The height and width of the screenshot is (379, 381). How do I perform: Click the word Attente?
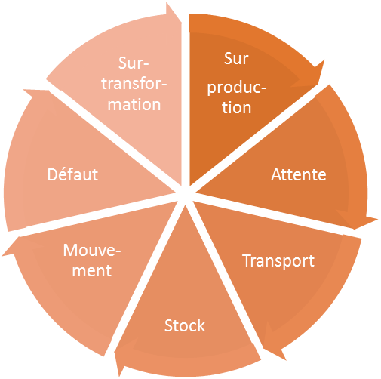coord(298,174)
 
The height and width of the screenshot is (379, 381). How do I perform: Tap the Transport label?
coord(278,260)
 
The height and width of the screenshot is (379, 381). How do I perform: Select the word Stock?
coord(185,325)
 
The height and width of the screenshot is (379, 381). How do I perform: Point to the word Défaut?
coord(72,174)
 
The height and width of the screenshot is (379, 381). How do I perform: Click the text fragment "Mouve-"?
coord(92,251)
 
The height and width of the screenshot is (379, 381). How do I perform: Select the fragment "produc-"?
coord(237,88)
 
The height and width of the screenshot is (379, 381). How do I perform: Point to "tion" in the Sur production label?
coord(237,107)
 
